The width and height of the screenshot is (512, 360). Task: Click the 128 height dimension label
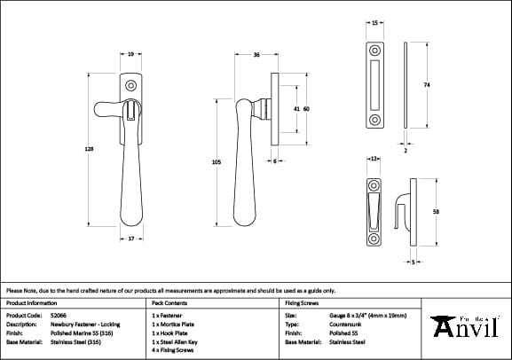tap(89, 150)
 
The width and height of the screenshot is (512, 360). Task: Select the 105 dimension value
tap(217, 162)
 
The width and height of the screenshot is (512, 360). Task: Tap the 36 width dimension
tap(256, 55)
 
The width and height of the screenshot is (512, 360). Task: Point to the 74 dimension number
tap(427, 84)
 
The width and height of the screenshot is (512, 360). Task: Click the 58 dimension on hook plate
tap(436, 212)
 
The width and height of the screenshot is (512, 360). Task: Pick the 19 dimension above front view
tap(130, 55)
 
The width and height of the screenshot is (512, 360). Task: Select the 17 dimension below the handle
tap(130, 239)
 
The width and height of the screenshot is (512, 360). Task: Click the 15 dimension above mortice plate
tap(374, 20)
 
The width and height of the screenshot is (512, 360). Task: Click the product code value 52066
tap(59, 315)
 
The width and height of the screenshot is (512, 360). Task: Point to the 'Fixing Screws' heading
tap(302, 302)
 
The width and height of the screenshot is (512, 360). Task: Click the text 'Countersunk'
tap(346, 324)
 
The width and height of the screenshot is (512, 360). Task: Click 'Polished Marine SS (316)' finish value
tap(81, 333)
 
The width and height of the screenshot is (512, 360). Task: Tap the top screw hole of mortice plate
tap(374, 48)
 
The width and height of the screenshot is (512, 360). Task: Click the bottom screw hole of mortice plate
tap(374, 119)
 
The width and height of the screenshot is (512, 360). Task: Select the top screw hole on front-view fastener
tap(131, 87)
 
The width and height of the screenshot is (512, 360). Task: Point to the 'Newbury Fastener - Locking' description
tap(84, 324)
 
